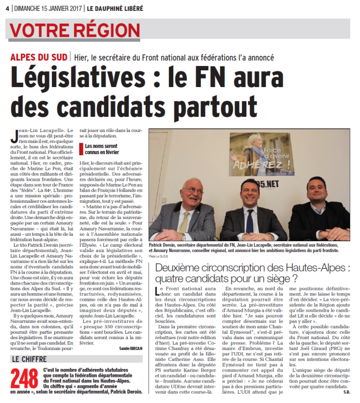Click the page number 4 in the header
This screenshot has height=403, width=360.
click(6, 6)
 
